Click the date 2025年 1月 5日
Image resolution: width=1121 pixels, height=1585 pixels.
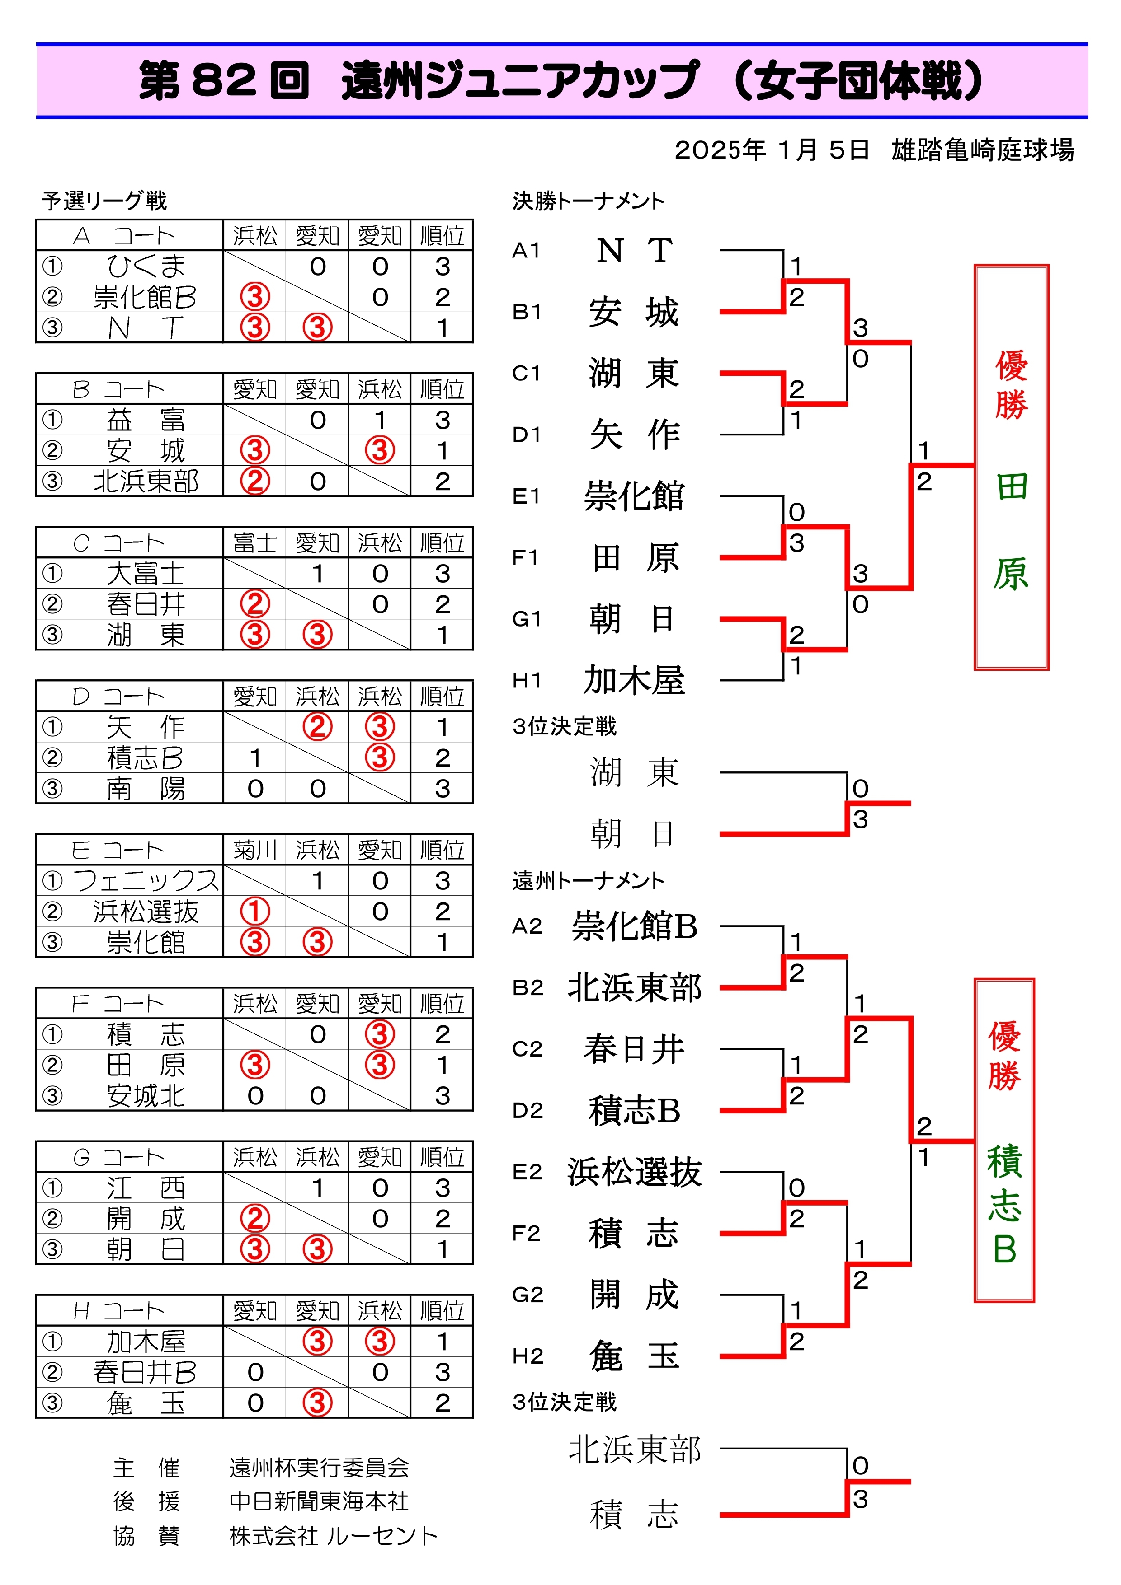tap(772, 150)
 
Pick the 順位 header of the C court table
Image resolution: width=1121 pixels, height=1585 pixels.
tap(442, 542)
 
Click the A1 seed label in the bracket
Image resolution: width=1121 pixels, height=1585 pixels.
tap(526, 251)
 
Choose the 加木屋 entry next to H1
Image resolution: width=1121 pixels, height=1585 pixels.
tap(634, 681)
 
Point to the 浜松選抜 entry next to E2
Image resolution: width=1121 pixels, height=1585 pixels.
tap(635, 1172)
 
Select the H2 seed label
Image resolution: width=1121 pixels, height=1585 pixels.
tap(528, 1356)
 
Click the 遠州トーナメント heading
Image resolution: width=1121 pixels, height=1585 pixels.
tap(589, 881)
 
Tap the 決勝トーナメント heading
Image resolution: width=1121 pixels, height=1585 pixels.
tap(589, 201)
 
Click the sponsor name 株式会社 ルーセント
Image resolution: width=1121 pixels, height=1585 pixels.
tap(334, 1535)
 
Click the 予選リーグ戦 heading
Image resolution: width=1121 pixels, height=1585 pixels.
tap(104, 201)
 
